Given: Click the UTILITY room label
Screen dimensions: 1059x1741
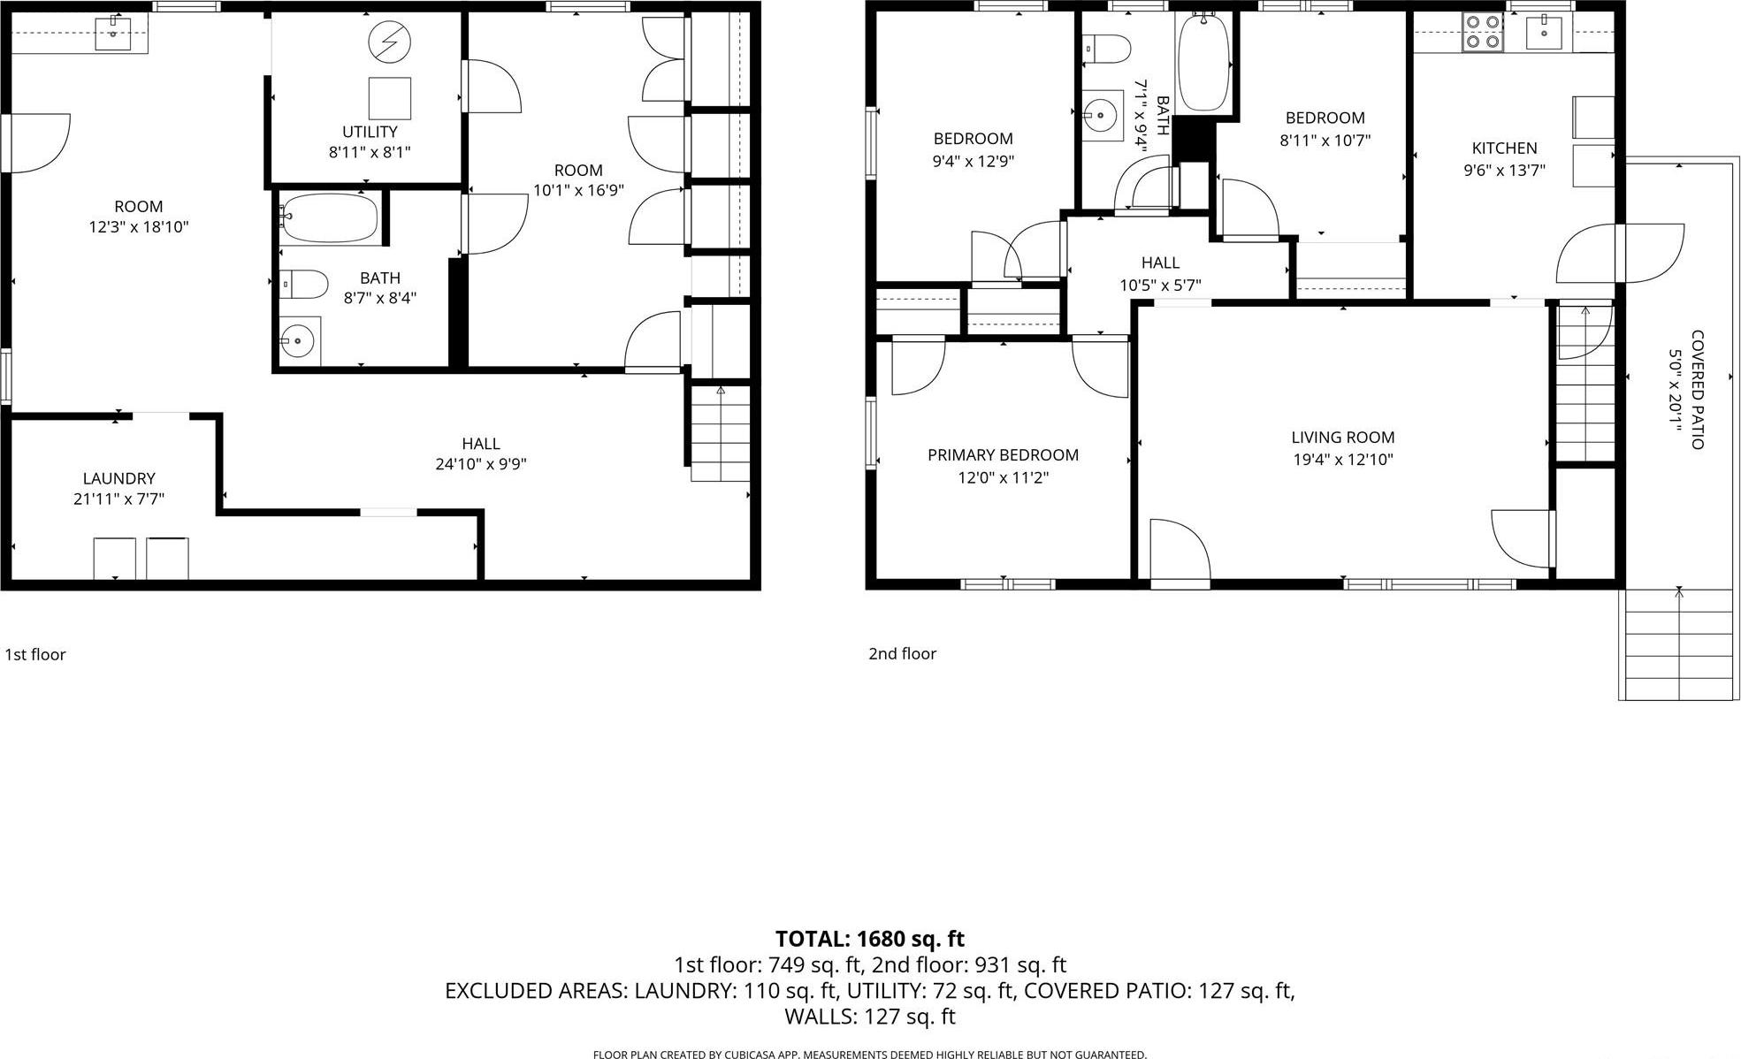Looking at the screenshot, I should (370, 132).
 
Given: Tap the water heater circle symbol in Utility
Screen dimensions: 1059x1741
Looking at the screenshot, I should (389, 42).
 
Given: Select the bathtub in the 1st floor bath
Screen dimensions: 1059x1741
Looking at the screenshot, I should (329, 217).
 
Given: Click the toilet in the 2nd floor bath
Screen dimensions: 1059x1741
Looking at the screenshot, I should (1107, 49).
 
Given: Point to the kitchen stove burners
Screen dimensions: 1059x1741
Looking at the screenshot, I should (1482, 32).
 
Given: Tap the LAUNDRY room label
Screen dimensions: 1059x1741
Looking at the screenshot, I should (118, 478).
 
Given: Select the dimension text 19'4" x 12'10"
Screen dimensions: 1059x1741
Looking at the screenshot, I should (1342, 460).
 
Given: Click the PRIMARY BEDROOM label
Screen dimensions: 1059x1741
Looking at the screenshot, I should (1003, 455).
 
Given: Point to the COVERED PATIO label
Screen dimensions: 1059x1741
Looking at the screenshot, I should (1698, 389).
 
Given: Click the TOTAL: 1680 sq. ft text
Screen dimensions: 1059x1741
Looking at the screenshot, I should (869, 939).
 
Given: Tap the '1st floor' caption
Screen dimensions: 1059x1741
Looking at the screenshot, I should (35, 655).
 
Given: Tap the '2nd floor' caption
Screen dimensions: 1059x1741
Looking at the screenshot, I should (902, 654).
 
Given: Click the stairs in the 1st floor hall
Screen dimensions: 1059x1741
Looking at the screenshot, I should (720, 433).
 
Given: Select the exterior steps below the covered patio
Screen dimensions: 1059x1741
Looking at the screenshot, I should (1678, 644).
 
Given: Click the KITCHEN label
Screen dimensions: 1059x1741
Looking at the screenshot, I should (1504, 149).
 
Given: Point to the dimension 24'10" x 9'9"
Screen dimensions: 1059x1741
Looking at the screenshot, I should (480, 464).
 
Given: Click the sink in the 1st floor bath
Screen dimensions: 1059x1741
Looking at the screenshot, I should (298, 340).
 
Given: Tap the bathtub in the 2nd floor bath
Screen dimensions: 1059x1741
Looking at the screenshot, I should (1203, 62).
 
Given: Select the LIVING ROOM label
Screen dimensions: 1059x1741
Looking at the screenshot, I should (1342, 438).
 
